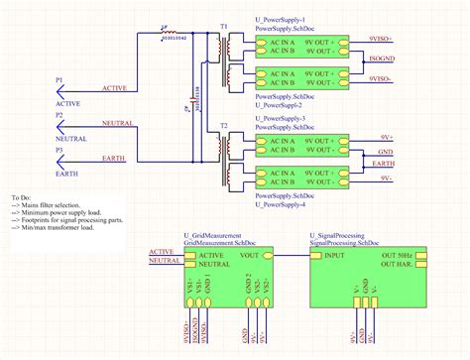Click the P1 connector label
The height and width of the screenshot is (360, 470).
pyautogui.click(x=59, y=78)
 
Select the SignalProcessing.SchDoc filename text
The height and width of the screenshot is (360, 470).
pyautogui.click(x=345, y=242)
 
